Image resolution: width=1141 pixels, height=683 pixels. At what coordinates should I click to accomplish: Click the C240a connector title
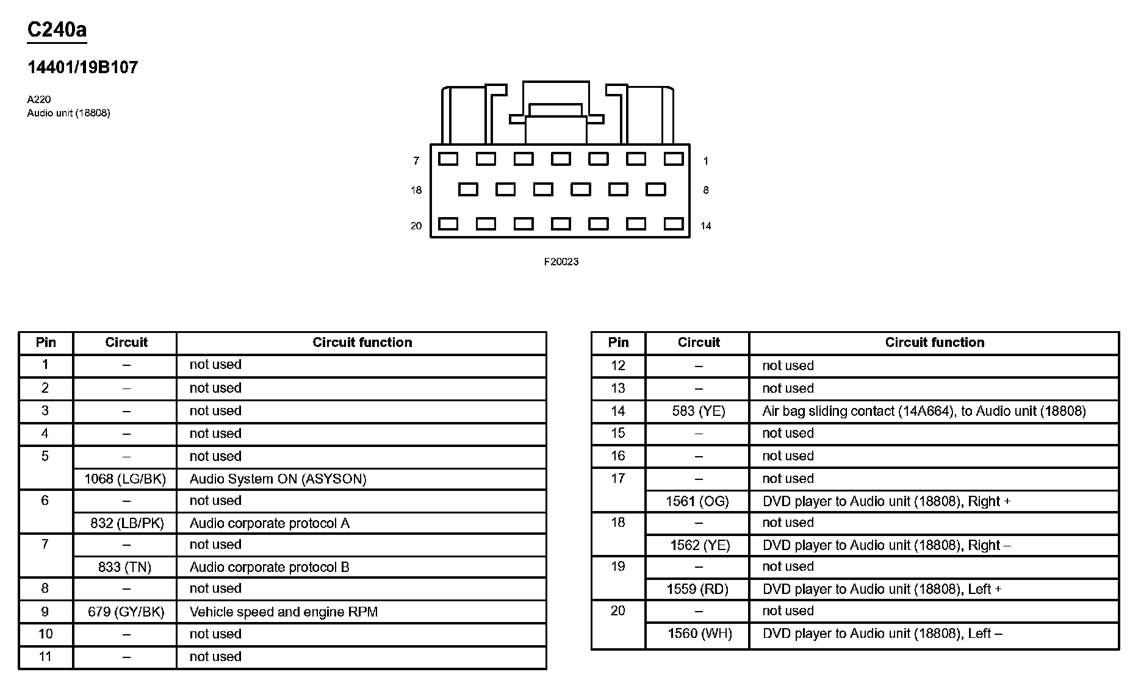click(x=57, y=29)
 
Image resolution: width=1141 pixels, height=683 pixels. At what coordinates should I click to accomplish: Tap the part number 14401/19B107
click(x=83, y=67)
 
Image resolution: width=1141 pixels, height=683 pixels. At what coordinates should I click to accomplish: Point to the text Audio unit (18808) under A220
click(x=68, y=113)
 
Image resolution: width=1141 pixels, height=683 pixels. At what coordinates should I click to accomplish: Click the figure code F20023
click(x=561, y=262)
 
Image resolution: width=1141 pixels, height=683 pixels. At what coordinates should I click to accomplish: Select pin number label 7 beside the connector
click(x=416, y=161)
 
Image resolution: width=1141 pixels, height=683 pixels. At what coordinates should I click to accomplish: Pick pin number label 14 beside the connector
click(x=705, y=226)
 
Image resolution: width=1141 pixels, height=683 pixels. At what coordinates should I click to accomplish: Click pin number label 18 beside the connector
click(x=416, y=190)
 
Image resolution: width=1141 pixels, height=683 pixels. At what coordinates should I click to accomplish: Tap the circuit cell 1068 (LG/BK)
click(x=125, y=479)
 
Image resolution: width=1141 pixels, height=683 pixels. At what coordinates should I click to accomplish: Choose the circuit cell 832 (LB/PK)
click(x=127, y=523)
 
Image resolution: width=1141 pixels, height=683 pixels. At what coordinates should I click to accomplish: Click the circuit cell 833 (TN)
click(x=124, y=567)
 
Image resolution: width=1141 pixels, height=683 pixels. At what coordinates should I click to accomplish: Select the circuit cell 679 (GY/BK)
click(x=126, y=612)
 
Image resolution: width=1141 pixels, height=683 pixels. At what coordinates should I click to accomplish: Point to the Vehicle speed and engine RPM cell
click(x=284, y=612)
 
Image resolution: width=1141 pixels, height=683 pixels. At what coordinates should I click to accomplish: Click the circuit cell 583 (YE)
click(x=699, y=411)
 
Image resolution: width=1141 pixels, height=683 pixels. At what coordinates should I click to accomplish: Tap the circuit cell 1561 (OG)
click(x=697, y=501)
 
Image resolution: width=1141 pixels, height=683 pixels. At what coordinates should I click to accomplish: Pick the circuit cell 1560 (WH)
click(x=700, y=634)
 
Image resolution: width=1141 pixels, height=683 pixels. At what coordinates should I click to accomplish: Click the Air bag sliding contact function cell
click(x=924, y=411)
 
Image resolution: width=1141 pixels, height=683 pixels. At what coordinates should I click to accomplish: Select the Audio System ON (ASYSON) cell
click(x=278, y=479)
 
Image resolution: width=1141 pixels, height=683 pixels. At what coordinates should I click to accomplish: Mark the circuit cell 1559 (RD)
click(x=697, y=589)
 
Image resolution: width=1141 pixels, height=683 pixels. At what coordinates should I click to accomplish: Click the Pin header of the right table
click(x=618, y=343)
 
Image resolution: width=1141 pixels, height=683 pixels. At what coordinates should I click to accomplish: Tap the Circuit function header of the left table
click(x=362, y=343)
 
